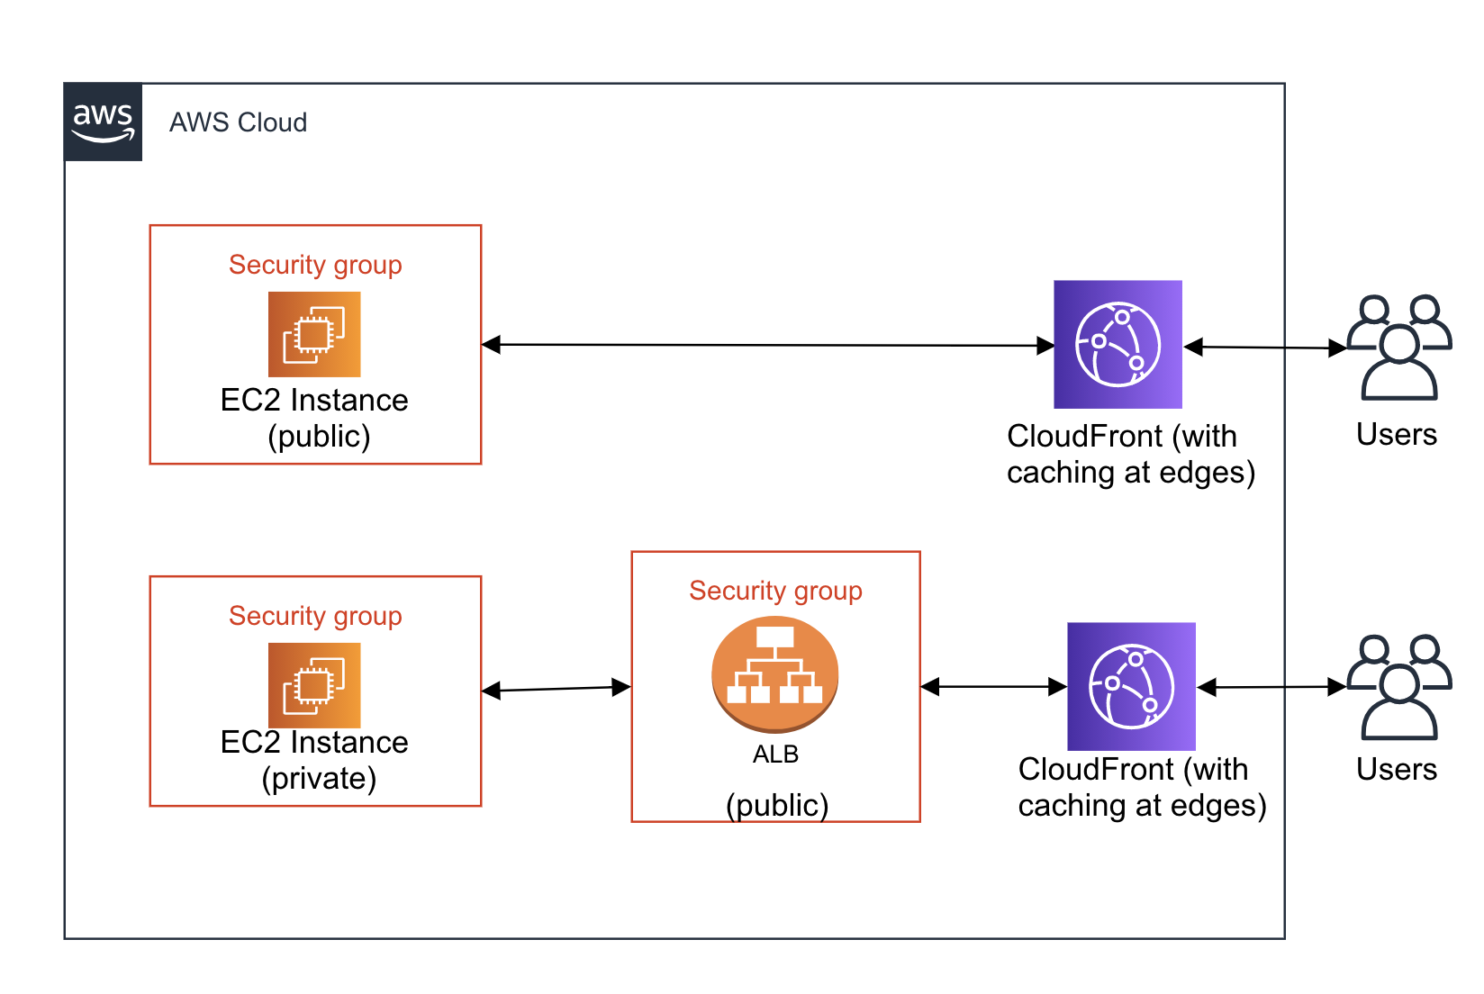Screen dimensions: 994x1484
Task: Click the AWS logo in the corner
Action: pos(103,122)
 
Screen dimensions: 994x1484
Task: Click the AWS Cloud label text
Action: pos(238,122)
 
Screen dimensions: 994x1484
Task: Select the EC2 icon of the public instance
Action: pos(314,334)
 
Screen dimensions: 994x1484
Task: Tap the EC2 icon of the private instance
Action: pos(314,685)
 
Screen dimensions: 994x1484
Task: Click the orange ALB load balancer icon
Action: pos(774,673)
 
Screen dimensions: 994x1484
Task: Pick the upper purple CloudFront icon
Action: pos(1118,344)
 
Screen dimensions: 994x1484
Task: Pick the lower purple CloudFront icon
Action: pos(1131,686)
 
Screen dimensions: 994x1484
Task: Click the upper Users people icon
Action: pos(1398,348)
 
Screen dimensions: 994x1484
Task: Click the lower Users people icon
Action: pos(1398,688)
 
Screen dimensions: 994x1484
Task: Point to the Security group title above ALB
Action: pos(775,591)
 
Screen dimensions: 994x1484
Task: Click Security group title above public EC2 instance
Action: pos(315,265)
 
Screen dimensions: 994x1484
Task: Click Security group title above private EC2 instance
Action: pos(315,616)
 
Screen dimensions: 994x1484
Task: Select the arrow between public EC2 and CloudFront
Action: pos(765,345)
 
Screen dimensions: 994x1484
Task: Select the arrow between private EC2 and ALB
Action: pos(556,689)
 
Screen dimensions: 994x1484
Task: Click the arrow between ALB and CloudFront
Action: pos(993,687)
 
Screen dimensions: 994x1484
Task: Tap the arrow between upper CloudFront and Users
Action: pos(1265,348)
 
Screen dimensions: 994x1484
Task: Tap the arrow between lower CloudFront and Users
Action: pos(1271,688)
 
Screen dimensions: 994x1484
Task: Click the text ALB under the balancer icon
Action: pos(775,755)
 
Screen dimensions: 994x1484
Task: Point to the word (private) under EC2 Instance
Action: pos(319,779)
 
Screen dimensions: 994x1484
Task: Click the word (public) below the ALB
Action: pos(777,805)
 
